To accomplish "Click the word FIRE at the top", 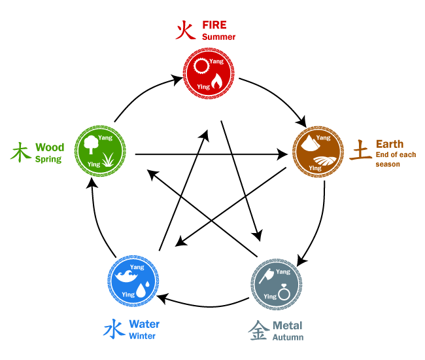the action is [214, 25].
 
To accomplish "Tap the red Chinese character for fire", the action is [186, 30].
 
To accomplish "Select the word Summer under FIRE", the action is [218, 37].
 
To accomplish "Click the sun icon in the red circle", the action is [201, 66].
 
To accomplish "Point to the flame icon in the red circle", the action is [217, 81].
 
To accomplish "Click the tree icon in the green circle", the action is [90, 144].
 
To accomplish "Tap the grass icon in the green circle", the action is [108, 160].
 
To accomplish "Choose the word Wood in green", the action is [50, 147].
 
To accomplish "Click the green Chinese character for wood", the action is [20, 153].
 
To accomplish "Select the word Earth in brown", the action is [390, 144].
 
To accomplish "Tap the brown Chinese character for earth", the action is [360, 150].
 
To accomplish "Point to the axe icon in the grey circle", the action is [266, 276].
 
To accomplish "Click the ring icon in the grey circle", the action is [284, 292].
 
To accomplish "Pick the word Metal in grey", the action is [287, 325].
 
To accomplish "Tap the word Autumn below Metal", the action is [288, 338].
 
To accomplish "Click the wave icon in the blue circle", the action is [126, 276].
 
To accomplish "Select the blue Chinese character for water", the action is [114, 329].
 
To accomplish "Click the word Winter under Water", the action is [142, 336].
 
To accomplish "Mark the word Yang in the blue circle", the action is [137, 267].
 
